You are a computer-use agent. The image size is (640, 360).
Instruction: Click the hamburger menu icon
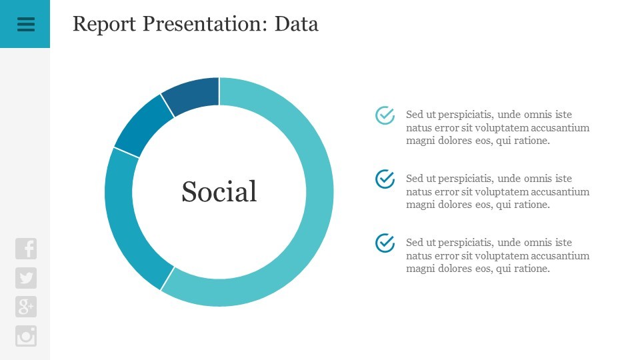click(26, 25)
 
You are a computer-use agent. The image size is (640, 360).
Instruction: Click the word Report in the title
click(104, 24)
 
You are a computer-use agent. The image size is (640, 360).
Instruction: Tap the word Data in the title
click(296, 24)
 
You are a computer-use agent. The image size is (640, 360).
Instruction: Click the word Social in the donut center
click(219, 191)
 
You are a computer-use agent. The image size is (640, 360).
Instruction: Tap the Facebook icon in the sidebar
click(26, 249)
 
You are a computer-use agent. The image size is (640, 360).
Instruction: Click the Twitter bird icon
click(26, 278)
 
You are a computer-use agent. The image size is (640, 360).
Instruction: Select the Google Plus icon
click(26, 307)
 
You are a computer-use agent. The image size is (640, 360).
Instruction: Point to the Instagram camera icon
click(26, 336)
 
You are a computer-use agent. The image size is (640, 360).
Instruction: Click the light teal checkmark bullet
click(385, 115)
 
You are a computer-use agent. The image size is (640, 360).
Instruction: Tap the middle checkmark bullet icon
click(385, 179)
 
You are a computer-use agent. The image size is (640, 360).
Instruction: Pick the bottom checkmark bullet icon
click(385, 243)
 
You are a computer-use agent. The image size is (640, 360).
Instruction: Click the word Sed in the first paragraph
click(414, 114)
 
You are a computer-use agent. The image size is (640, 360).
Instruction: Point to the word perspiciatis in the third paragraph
click(466, 243)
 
